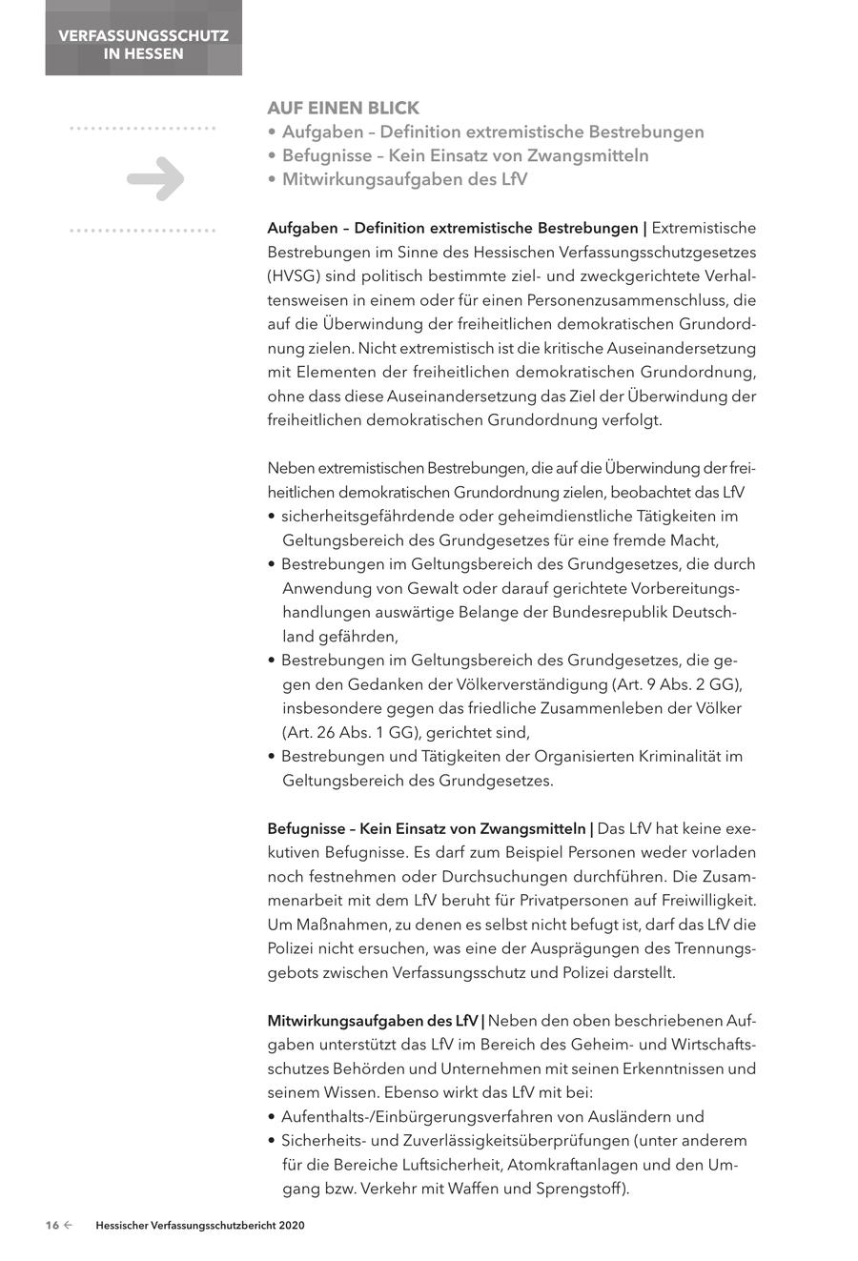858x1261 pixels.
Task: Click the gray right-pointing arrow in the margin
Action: pos(155,178)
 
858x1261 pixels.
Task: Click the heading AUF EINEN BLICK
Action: pos(343,108)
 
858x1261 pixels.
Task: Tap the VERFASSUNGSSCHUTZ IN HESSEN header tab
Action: pos(143,45)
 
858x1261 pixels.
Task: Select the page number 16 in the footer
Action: pos(52,1226)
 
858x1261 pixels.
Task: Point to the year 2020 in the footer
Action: pos(292,1226)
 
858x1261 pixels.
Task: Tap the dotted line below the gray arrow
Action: pos(143,231)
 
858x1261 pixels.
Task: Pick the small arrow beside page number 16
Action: pos(68,1226)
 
